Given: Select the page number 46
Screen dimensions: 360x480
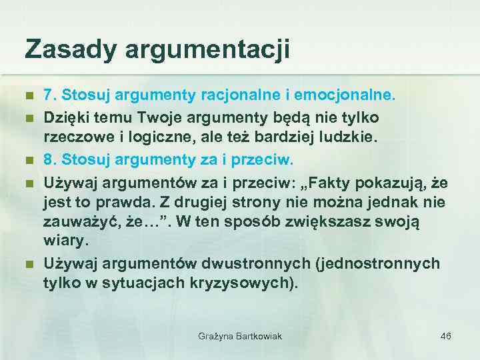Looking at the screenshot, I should (x=446, y=336).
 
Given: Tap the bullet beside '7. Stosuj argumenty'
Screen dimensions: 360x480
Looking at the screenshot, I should (x=29, y=96).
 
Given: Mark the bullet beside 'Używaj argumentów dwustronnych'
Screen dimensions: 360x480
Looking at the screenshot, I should (x=29, y=264).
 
